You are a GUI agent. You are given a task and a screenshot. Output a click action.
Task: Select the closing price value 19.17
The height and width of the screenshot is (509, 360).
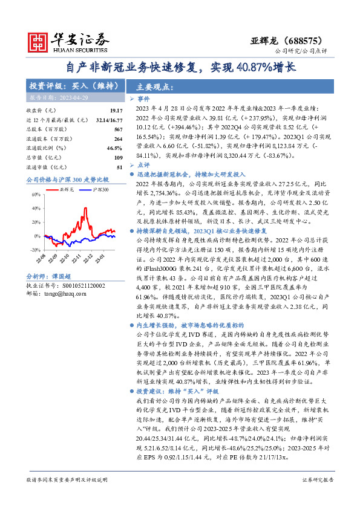coord(116,111)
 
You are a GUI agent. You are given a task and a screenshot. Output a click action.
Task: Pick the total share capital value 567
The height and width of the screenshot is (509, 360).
coord(117,129)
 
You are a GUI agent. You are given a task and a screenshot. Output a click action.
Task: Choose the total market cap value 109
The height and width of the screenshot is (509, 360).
coord(117,157)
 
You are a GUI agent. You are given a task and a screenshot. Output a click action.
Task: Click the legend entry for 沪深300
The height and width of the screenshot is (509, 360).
coord(100,190)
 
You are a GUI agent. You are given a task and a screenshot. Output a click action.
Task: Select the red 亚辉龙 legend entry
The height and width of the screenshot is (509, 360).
coord(65,190)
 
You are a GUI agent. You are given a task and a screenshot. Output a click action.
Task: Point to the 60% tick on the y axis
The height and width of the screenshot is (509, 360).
coord(36,194)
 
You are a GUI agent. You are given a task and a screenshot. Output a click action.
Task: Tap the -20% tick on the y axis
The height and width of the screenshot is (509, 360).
coord(36,249)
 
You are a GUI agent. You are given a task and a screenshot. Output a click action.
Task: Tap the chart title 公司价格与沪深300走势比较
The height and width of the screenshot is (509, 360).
coord(67,180)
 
